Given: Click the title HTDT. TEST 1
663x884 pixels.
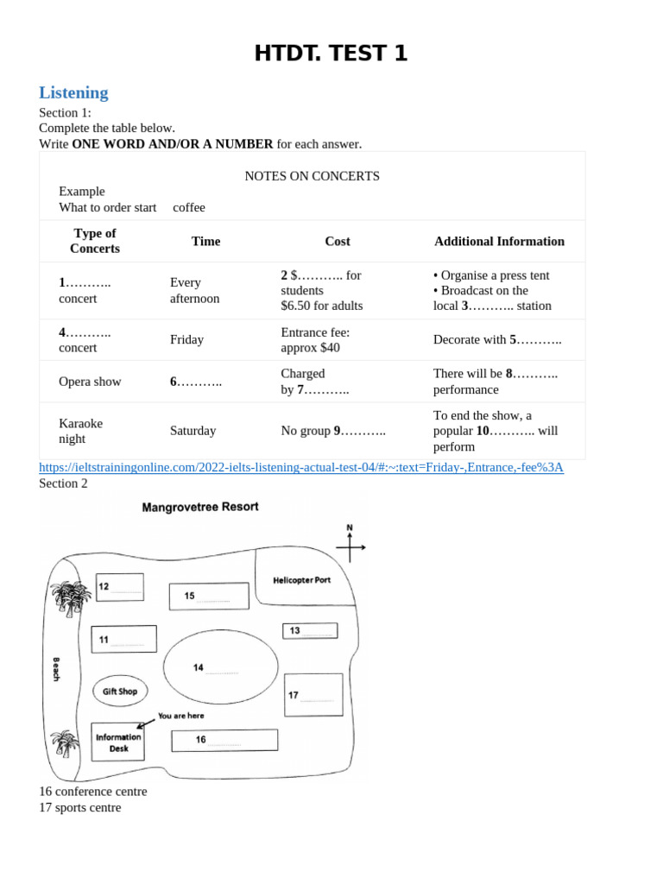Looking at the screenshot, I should [x=331, y=54].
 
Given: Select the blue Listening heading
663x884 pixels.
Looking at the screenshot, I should [x=73, y=92].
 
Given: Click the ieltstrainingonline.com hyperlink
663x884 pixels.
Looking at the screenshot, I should [x=300, y=467].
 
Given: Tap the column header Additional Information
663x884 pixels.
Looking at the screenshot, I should [x=499, y=241].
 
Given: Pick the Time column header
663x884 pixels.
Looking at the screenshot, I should [x=205, y=241].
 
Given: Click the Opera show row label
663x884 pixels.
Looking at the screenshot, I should [x=90, y=382].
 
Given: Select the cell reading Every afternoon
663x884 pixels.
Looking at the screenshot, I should [x=194, y=290].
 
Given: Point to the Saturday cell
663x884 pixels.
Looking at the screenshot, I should [x=193, y=431].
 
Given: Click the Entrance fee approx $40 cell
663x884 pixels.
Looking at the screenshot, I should [x=315, y=339].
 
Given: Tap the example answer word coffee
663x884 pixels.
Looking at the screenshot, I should [x=189, y=207].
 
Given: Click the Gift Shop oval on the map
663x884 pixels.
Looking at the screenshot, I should [x=120, y=691].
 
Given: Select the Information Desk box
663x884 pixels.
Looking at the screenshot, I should [x=118, y=742].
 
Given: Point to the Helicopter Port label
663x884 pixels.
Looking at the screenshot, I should [x=301, y=580].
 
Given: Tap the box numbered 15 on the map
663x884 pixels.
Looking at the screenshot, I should [x=209, y=596].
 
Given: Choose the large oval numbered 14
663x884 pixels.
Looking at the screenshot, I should [x=221, y=667].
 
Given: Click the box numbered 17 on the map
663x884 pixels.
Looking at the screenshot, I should [x=313, y=695].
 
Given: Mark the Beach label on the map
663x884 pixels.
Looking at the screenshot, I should [x=57, y=669].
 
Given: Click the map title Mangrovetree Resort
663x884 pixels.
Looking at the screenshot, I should [x=199, y=507].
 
